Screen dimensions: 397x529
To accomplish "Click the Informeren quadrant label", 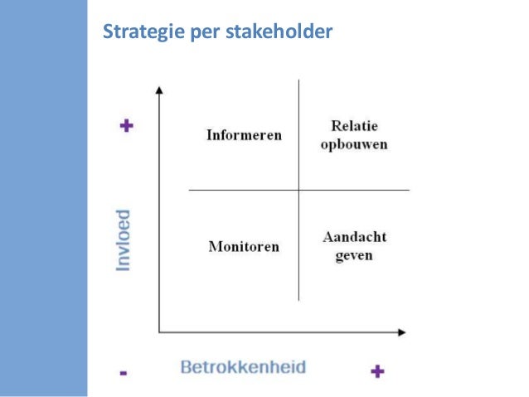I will [244, 135].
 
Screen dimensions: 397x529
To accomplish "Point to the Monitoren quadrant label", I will [244, 246].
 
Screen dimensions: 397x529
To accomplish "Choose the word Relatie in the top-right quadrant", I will [354, 126].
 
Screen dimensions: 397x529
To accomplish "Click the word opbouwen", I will [354, 144].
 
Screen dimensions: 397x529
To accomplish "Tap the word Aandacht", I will [354, 237].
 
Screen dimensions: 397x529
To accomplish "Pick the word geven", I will [354, 255].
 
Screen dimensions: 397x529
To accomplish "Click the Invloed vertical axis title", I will [124, 239].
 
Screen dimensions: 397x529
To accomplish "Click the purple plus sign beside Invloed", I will [126, 127].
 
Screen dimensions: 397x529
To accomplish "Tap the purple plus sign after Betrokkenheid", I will [376, 370].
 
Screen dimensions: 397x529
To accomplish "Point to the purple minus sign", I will [124, 373].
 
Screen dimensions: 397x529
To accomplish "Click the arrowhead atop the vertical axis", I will [158, 88].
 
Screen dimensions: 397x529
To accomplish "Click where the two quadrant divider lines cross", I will [298, 191].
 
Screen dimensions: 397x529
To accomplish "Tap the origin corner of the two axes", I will [158, 333].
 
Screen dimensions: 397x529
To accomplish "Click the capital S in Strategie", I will [107, 34].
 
